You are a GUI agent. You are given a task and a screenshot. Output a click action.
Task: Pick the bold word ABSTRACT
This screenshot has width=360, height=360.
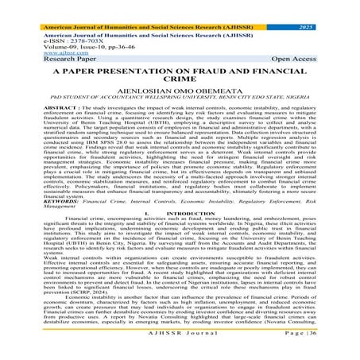pyautogui.click(x=37, y=106)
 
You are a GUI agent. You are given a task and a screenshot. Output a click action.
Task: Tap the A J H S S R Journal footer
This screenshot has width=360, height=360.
pyautogui.click(x=179, y=351)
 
